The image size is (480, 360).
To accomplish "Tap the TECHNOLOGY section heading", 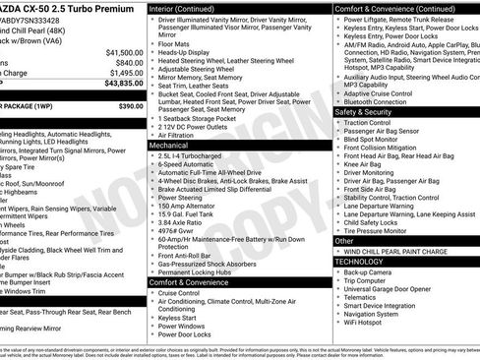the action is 359,262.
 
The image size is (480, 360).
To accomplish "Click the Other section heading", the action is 344,240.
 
